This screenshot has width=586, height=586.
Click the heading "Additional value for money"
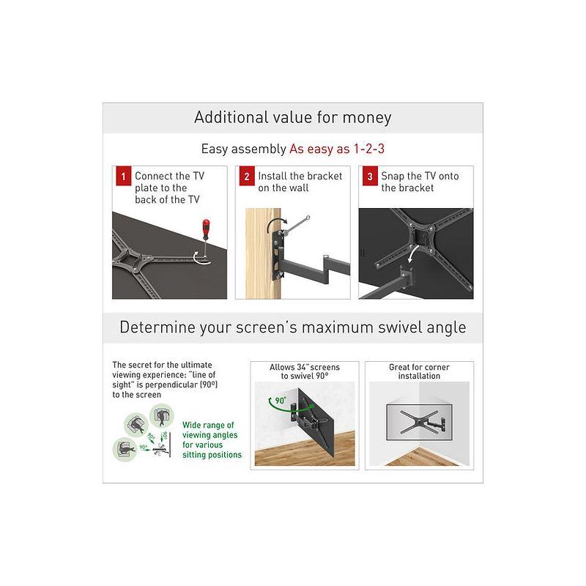292,117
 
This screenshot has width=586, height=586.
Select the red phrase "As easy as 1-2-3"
337,149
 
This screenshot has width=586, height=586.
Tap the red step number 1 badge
122,177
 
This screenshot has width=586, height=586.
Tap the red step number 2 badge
247,177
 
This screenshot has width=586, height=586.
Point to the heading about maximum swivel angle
292,327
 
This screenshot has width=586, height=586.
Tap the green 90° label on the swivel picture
276,401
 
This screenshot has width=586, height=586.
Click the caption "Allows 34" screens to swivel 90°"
305,371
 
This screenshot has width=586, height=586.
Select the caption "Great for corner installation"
419,371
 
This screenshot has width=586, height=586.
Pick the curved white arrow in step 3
415,253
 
